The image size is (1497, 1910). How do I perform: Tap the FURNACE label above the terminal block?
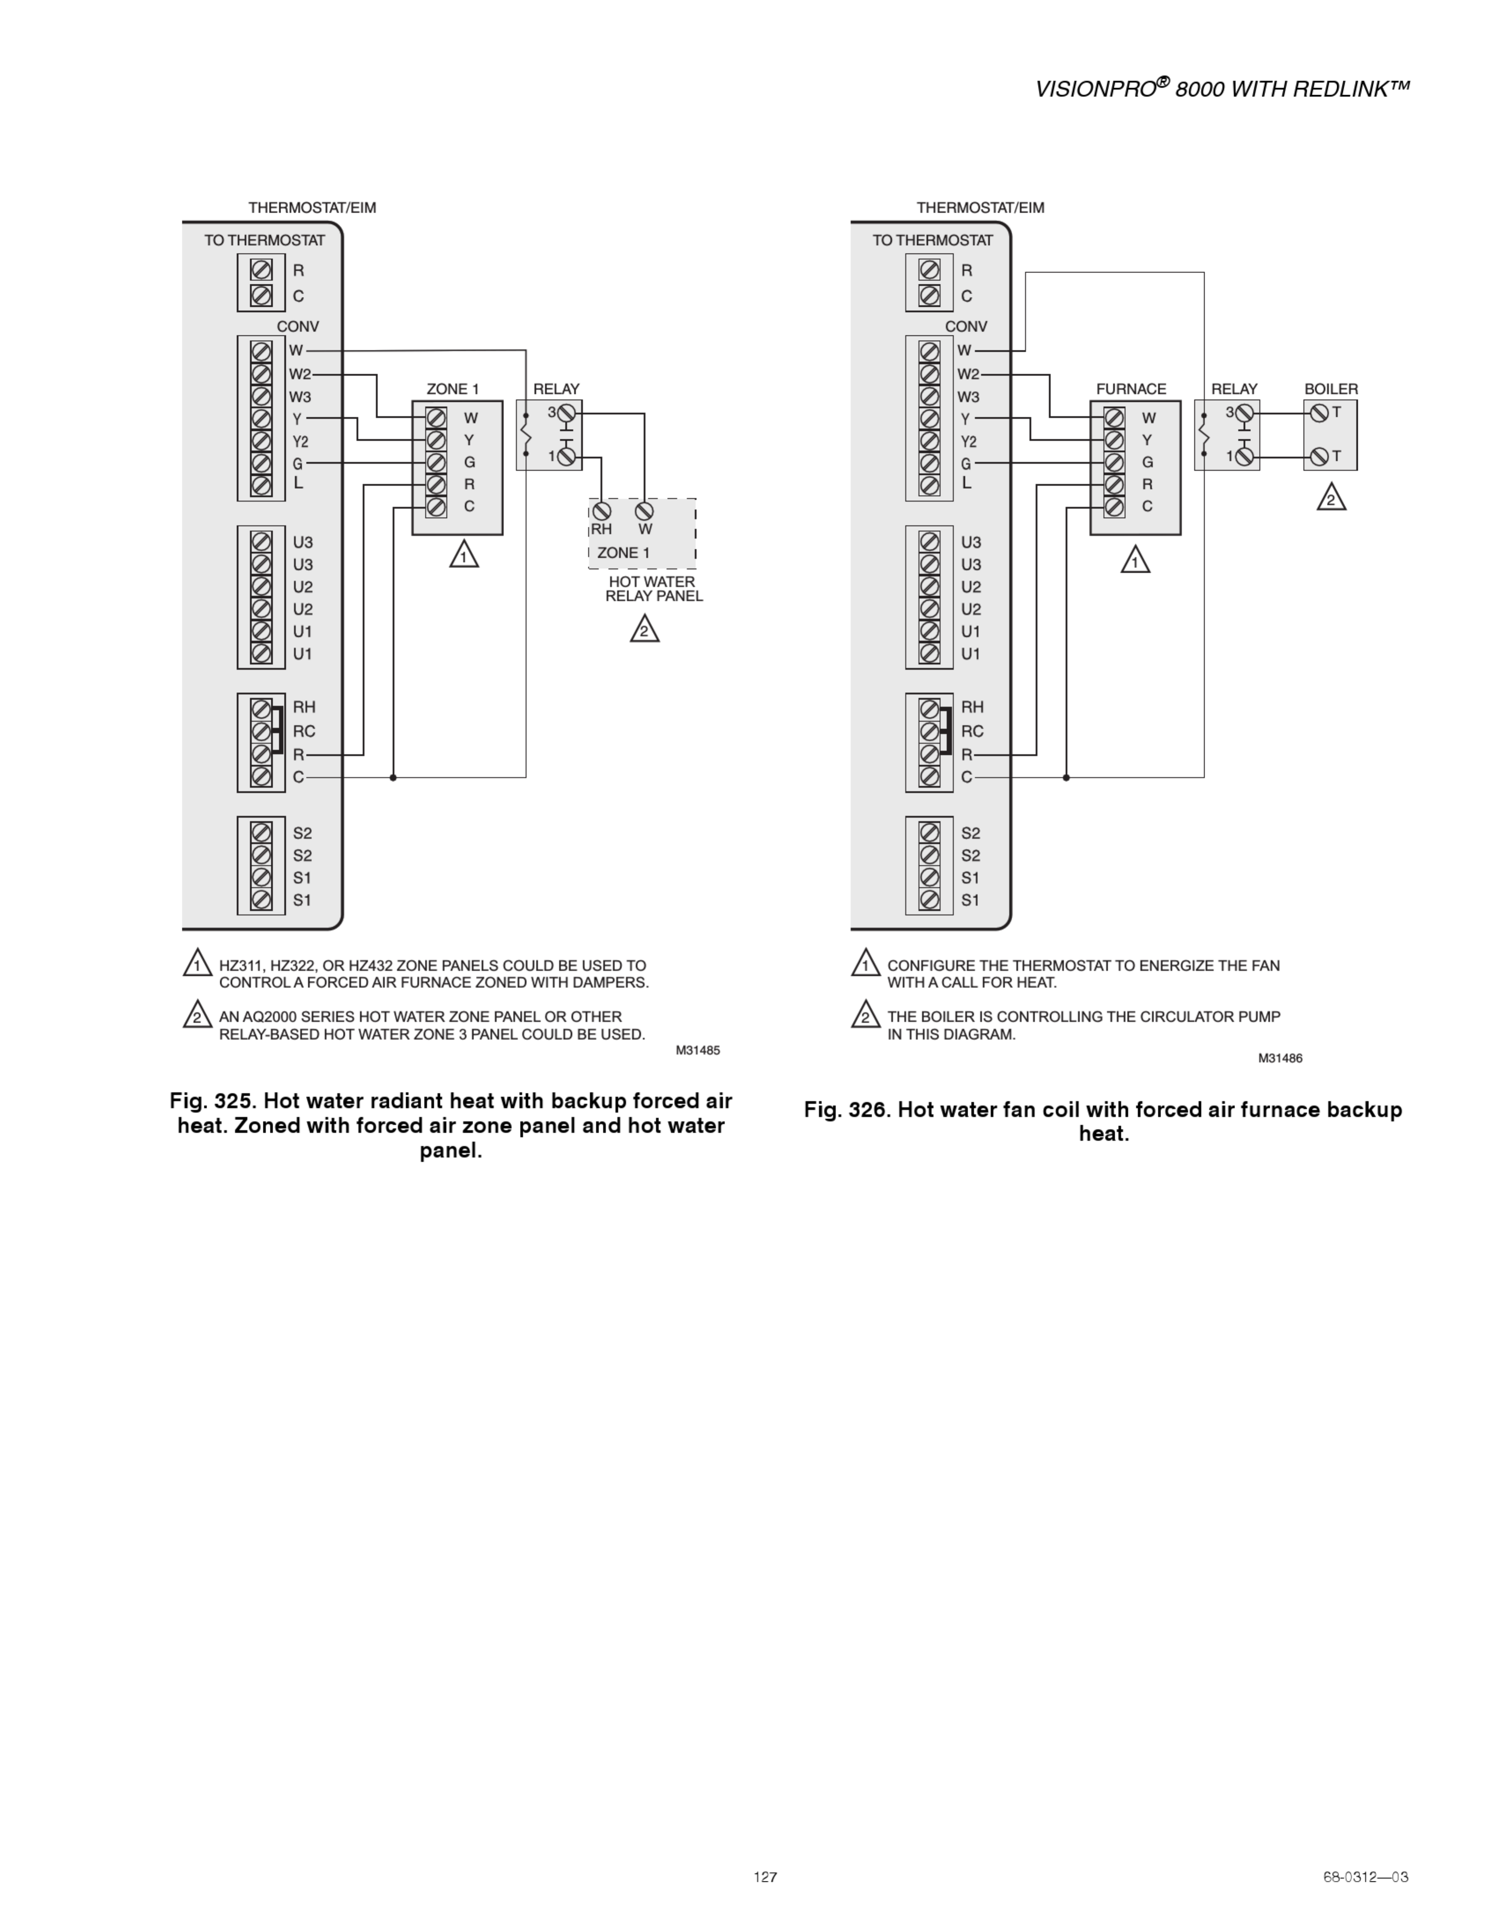click(1131, 389)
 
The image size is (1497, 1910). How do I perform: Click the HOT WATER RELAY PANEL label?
click(653, 589)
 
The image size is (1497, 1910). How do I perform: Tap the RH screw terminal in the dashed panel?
click(601, 511)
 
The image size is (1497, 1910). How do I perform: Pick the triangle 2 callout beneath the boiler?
click(1331, 499)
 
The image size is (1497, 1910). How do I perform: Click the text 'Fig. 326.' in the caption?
click(847, 1110)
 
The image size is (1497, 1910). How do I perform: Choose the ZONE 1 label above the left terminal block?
click(452, 389)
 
